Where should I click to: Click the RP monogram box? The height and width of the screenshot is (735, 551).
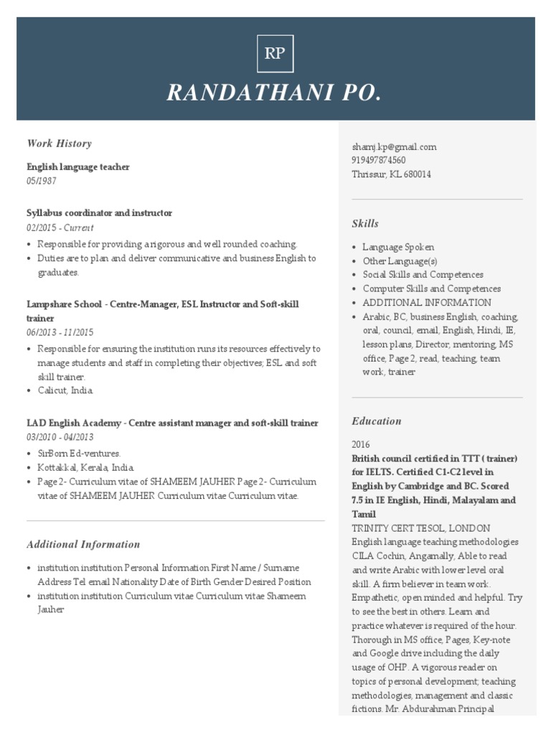click(x=275, y=54)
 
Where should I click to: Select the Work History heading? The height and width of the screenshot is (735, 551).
click(x=59, y=144)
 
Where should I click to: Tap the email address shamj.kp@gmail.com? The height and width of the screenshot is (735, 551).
click(x=394, y=146)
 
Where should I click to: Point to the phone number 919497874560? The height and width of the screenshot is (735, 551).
click(x=378, y=160)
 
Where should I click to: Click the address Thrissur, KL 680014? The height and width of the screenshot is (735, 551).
click(x=391, y=174)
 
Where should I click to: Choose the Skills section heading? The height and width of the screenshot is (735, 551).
click(x=365, y=224)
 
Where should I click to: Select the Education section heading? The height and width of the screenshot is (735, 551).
click(x=377, y=421)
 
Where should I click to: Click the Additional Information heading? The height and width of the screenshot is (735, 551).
click(x=83, y=545)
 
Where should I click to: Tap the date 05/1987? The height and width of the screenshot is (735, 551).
click(x=41, y=181)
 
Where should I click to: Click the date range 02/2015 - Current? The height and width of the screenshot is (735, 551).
click(x=60, y=228)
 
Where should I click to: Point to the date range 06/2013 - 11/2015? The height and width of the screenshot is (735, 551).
click(x=60, y=332)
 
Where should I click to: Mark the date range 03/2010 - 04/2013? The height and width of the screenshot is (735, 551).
click(x=60, y=437)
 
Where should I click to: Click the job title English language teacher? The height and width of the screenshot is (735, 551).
click(x=78, y=167)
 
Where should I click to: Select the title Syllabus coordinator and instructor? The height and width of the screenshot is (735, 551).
click(x=99, y=213)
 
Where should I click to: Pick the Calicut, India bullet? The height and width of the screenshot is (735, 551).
click(x=65, y=390)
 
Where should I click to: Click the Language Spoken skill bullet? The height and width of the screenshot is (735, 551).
click(x=398, y=247)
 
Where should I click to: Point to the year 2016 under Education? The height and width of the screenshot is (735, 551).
click(x=362, y=444)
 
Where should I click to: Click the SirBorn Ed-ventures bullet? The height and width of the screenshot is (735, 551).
click(x=80, y=454)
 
